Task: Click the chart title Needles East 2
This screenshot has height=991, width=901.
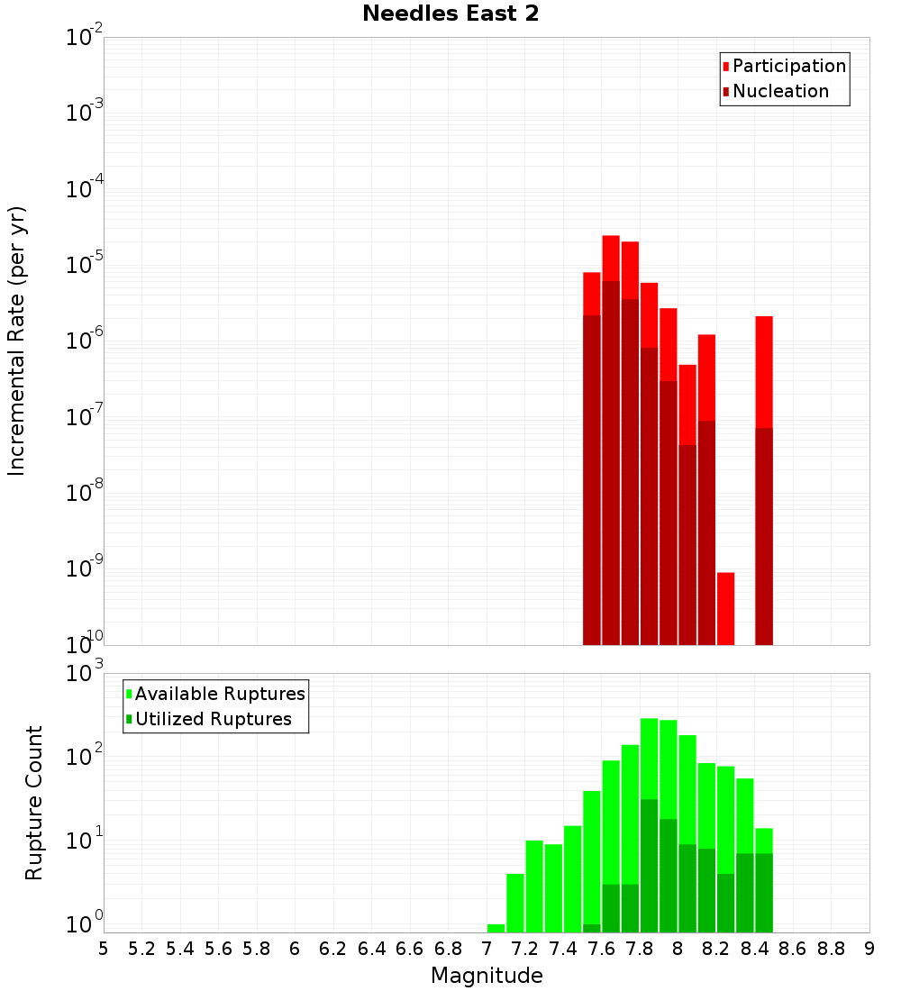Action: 450,14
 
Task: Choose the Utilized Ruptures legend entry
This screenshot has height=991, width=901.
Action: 213,719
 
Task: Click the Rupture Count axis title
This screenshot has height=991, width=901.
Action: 34,802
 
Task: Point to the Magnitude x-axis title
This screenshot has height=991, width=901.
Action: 487,976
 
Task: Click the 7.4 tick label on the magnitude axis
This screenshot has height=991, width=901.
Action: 563,949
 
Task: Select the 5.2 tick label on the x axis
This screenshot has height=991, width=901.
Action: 141,949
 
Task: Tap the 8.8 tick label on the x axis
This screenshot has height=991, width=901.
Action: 831,949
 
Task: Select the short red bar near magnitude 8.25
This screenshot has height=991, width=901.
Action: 726,608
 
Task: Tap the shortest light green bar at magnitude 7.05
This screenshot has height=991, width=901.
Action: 496,928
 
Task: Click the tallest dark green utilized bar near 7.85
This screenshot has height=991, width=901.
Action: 649,865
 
